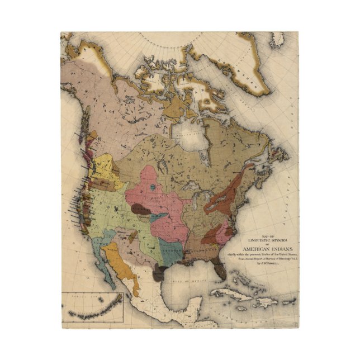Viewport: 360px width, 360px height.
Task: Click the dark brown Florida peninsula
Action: [222, 272]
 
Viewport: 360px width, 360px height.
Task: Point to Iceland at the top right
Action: [277, 39]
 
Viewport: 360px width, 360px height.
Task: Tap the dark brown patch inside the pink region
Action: [140, 209]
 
